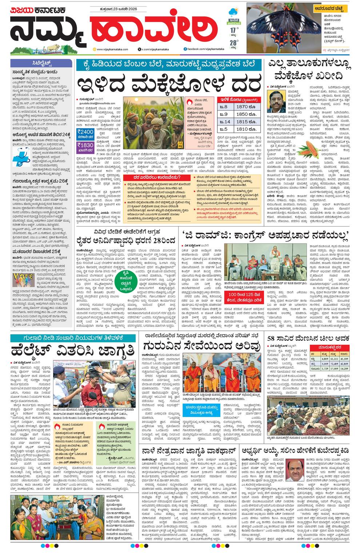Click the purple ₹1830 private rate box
click(x=85, y=145)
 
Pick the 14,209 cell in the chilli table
click(x=344, y=369)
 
